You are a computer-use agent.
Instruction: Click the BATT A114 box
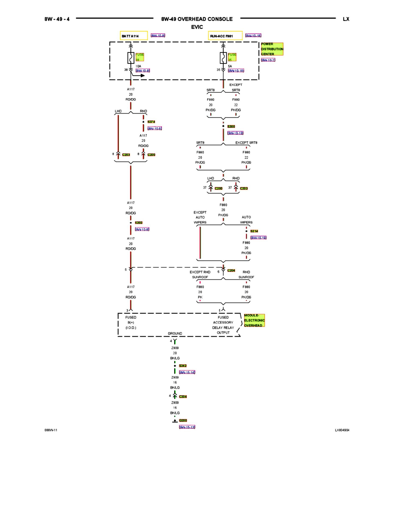133,36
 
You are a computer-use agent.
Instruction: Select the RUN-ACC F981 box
225,36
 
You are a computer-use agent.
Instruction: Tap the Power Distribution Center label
272,49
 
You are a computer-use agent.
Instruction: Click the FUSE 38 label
139,57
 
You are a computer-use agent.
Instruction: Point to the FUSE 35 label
232,57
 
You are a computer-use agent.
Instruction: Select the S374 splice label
151,122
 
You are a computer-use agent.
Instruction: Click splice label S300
231,127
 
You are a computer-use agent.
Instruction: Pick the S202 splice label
139,223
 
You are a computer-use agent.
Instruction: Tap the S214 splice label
254,231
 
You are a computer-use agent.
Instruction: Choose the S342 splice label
183,366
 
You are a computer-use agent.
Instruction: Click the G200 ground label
183,421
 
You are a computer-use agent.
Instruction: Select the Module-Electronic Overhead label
254,320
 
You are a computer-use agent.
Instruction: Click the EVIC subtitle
197,27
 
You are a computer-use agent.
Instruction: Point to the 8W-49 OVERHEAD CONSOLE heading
197,19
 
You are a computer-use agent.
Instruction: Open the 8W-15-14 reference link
187,372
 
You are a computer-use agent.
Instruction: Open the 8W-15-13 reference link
187,427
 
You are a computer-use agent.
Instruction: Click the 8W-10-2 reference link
268,60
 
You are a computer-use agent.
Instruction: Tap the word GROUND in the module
175,334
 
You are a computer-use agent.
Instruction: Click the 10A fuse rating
138,67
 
